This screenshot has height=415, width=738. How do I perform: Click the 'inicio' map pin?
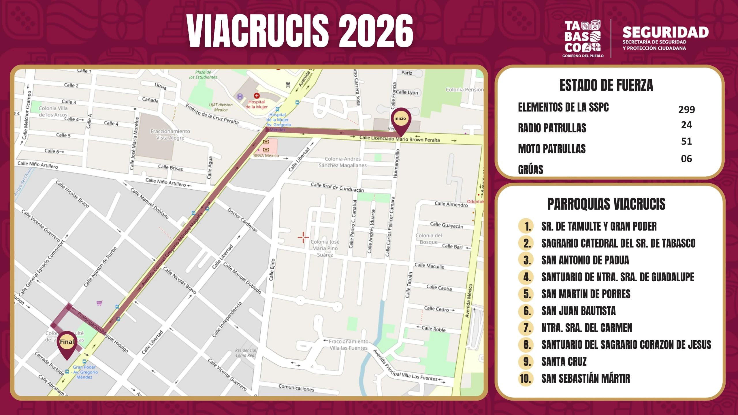(x=400, y=119)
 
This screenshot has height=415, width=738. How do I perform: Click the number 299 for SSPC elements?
(x=686, y=110)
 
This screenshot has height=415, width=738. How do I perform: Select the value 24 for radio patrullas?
(x=686, y=125)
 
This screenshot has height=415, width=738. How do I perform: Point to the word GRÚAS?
(x=530, y=169)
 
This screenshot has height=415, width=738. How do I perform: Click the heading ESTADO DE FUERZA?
(x=606, y=85)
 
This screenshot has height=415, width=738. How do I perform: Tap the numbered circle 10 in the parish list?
(x=525, y=378)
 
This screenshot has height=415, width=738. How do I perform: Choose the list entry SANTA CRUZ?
(x=564, y=361)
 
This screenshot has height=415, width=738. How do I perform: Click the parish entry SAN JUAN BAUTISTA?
(x=578, y=311)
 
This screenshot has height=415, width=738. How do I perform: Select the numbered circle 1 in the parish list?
(x=526, y=226)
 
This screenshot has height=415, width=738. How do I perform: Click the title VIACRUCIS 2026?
(x=300, y=31)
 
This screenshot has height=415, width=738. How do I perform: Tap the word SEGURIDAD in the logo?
(x=665, y=32)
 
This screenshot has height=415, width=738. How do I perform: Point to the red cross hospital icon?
(x=257, y=96)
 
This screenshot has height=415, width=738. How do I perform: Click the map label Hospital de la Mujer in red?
(x=257, y=104)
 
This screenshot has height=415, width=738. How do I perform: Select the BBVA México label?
(x=266, y=156)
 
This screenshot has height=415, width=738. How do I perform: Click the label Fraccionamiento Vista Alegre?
(x=170, y=134)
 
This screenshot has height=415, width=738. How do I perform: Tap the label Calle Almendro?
(x=451, y=204)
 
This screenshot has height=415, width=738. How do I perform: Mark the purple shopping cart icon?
(x=99, y=303)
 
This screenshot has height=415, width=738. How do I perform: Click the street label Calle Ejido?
(x=272, y=269)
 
